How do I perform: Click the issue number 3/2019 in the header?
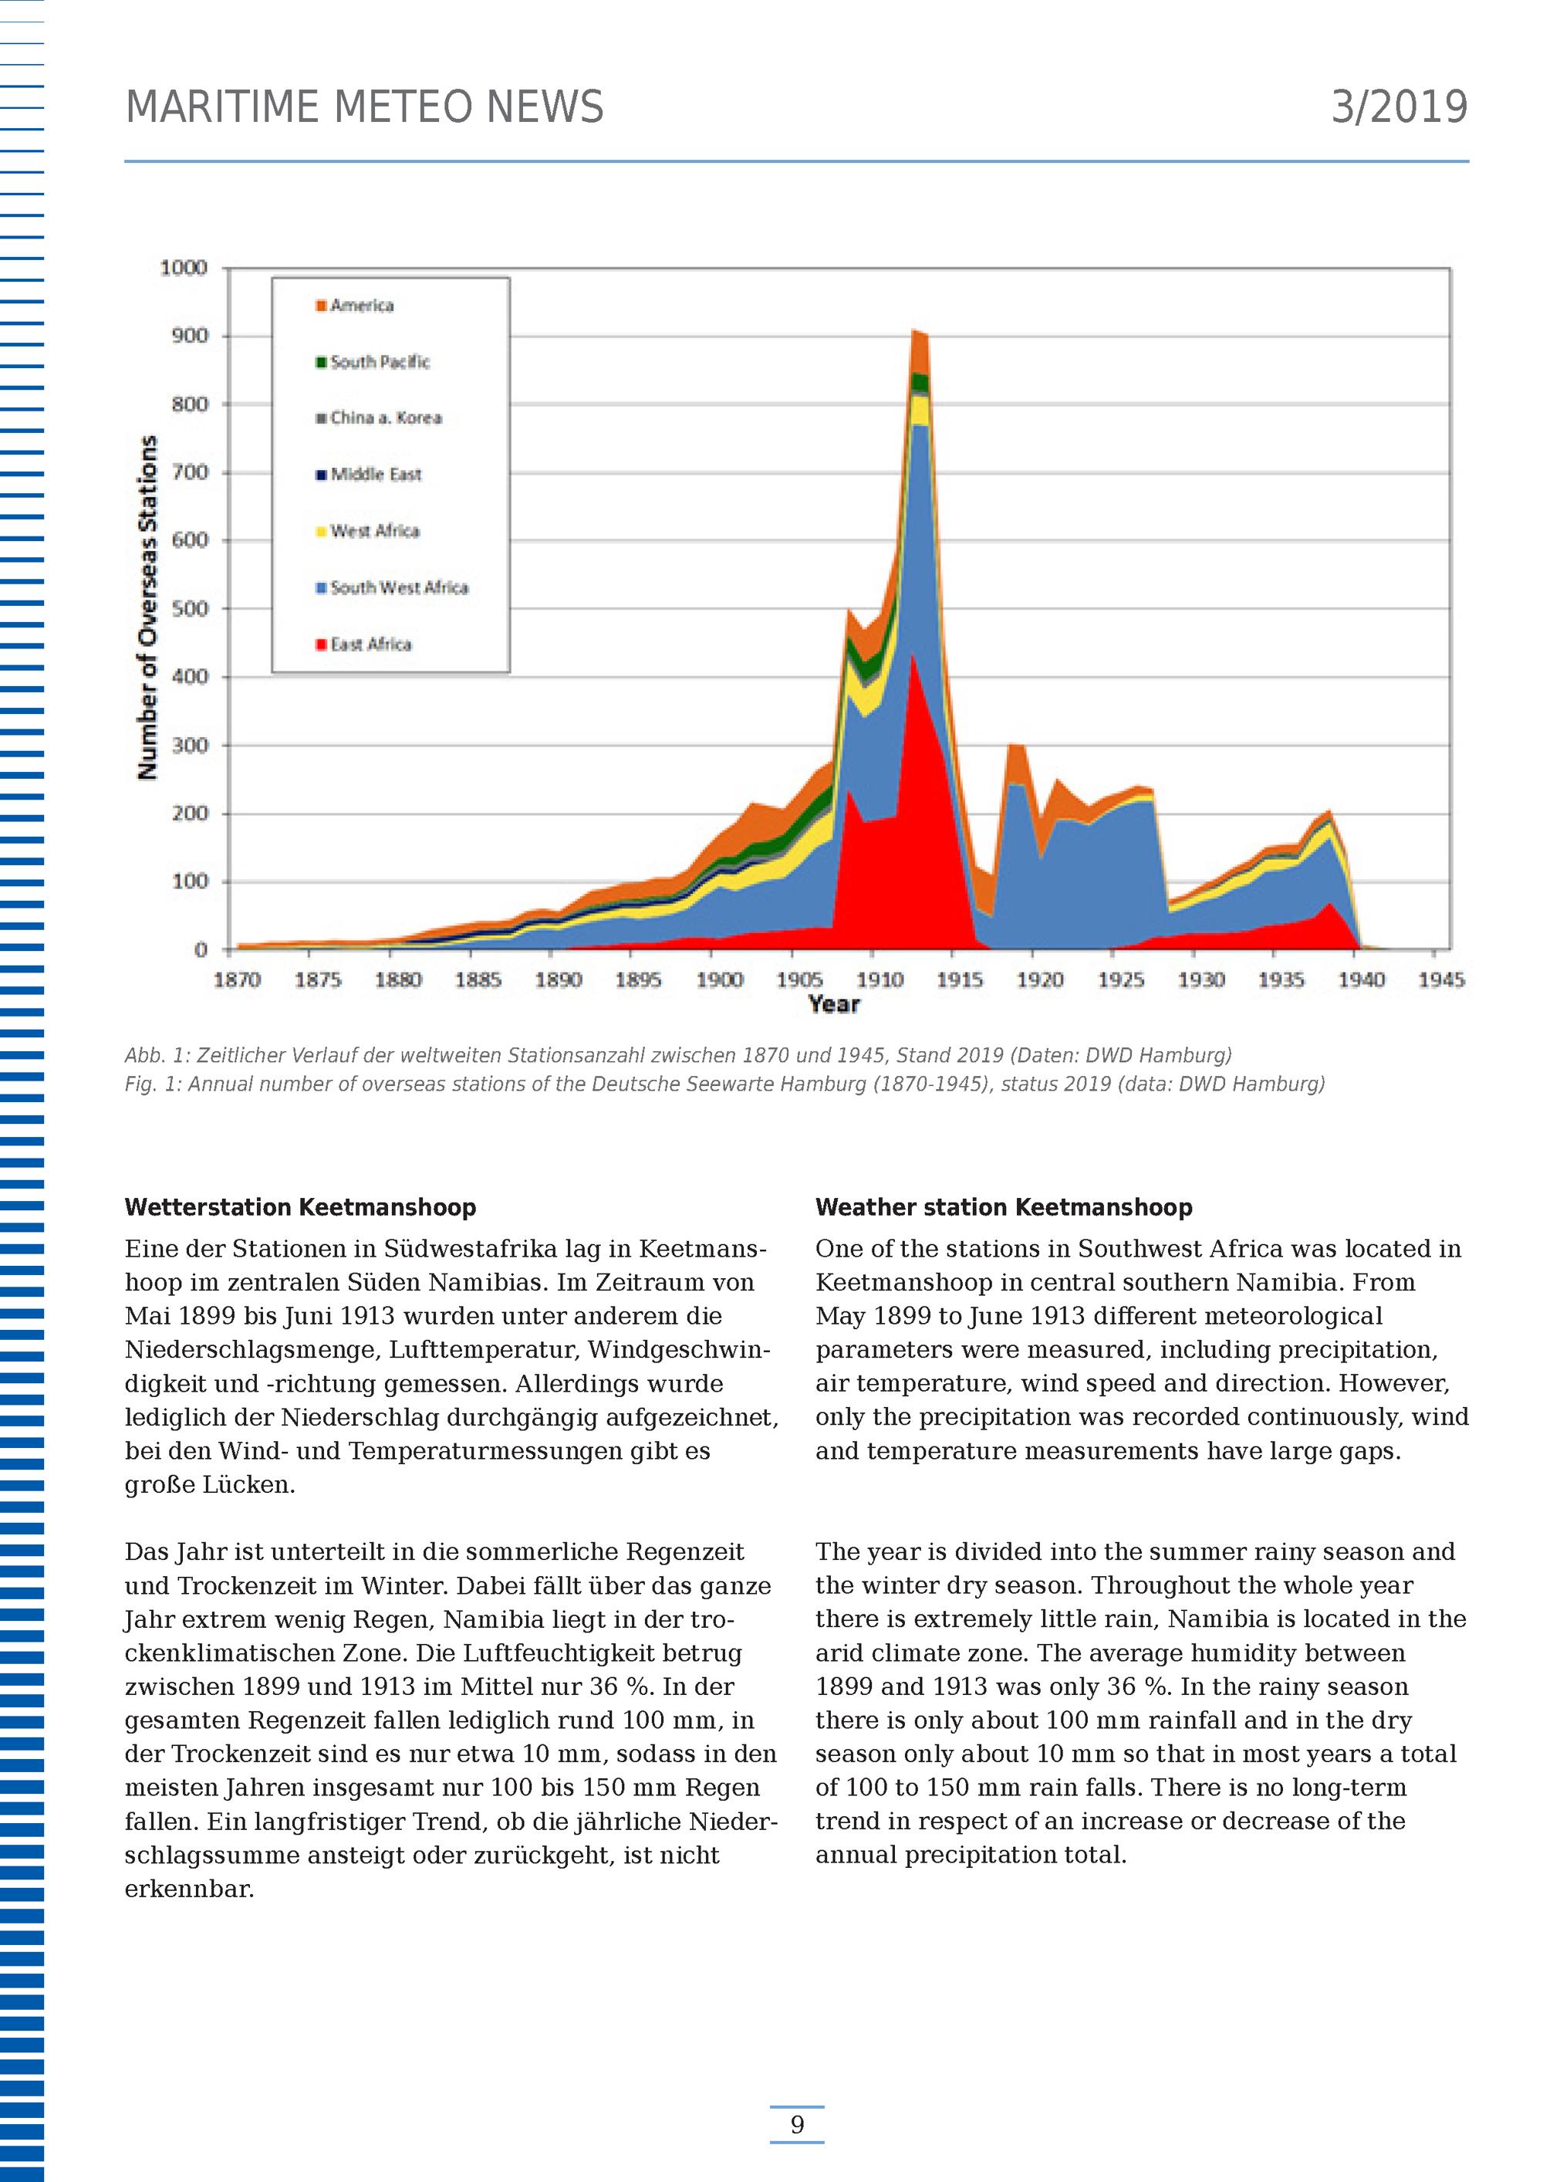coord(1399,107)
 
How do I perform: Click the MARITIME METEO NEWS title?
coord(364,107)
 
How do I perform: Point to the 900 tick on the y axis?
coord(189,336)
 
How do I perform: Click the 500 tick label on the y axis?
coord(189,608)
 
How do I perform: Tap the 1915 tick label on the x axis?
coord(960,979)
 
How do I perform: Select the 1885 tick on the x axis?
coord(478,979)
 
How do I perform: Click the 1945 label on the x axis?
coord(1440,979)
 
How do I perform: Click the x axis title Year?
coord(833,1004)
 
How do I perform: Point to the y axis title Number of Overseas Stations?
coord(147,608)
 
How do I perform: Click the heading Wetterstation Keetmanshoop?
coord(300,1207)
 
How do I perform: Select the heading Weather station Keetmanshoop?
coord(1003,1207)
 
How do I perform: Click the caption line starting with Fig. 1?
coord(724,1084)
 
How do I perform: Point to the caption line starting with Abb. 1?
coord(677,1056)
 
